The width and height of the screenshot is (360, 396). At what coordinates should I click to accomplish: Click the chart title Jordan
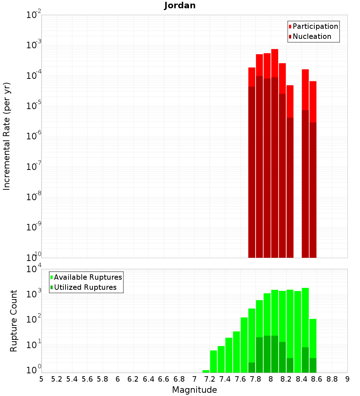[180, 5]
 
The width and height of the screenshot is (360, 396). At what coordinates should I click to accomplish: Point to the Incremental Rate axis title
[7, 136]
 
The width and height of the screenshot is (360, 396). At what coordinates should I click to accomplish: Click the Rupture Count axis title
[14, 320]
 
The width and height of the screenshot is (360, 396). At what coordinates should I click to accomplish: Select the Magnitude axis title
[194, 390]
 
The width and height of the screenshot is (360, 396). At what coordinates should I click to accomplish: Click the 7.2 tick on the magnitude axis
[210, 379]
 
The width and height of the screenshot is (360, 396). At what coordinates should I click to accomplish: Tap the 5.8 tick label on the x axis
[103, 379]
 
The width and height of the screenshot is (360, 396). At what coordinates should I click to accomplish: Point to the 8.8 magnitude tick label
[332, 379]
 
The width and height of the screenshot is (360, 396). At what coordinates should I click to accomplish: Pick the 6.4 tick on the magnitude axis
[148, 379]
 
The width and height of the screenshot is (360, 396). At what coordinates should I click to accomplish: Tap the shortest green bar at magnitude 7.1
[206, 371]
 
